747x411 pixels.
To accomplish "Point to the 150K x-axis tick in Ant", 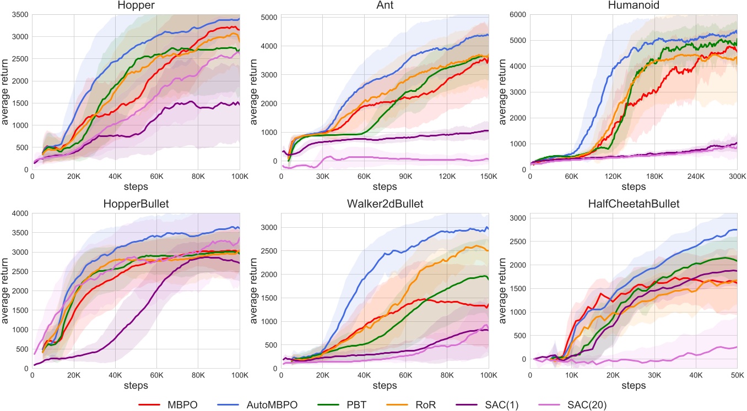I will tap(488, 177).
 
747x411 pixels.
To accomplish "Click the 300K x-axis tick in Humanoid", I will tap(737, 177).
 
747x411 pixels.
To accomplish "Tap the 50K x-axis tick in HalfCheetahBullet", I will tap(737, 375).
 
